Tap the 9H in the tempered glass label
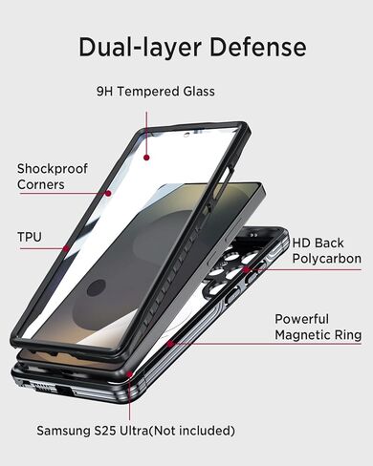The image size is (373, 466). (105, 92)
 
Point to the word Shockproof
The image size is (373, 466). (52, 168)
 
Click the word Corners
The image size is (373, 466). (41, 184)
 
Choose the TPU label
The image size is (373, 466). (30, 236)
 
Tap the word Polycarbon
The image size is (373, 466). (326, 259)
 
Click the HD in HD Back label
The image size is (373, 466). (301, 243)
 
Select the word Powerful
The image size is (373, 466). (301, 318)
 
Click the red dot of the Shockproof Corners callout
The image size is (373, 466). (108, 193)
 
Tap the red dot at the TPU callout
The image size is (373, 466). (65, 248)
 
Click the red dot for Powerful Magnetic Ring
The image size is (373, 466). (168, 341)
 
